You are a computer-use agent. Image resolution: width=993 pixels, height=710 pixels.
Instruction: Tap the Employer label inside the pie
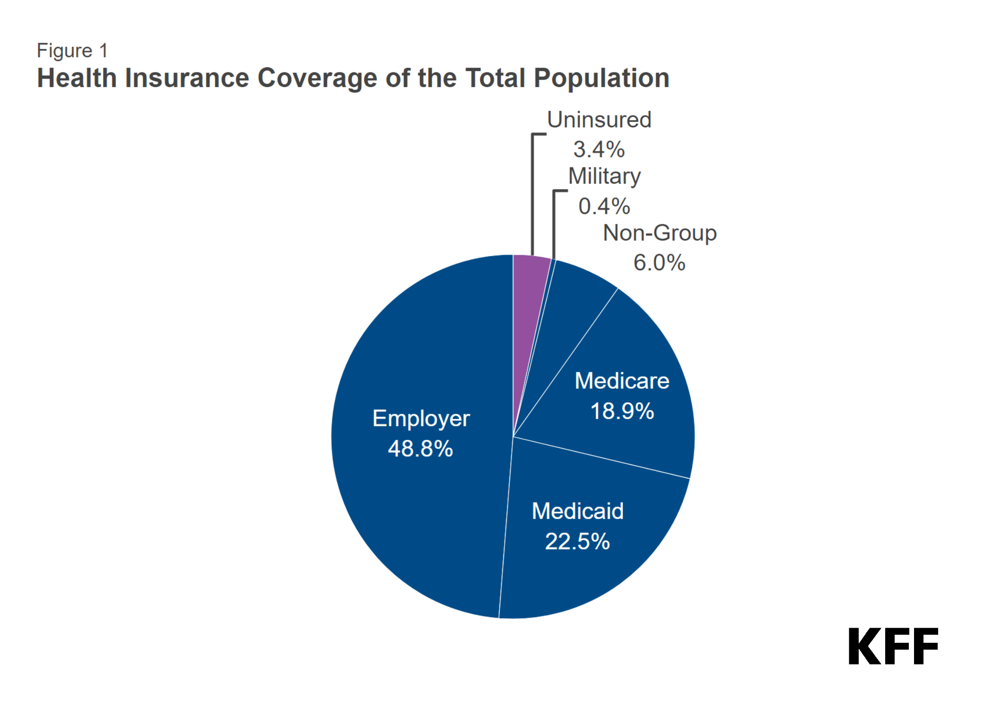click(x=421, y=419)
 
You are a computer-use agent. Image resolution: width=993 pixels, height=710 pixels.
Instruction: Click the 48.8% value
click(x=420, y=448)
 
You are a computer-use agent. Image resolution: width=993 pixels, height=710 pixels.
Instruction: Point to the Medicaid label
click(x=577, y=511)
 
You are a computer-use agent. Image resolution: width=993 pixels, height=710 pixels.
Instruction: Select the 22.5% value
click(x=577, y=541)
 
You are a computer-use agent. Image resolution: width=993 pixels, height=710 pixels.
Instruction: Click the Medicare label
click(x=622, y=381)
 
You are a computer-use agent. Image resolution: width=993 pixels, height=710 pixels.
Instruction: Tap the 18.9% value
click(x=622, y=411)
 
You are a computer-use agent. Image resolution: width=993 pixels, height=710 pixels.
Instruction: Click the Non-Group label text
click(x=660, y=233)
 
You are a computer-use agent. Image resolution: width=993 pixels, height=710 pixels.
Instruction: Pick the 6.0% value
click(x=659, y=263)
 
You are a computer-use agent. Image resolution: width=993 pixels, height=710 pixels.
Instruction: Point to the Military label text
click(x=604, y=177)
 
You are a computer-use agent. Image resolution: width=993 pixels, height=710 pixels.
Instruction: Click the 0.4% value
click(x=604, y=206)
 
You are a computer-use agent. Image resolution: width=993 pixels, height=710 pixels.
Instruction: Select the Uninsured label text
click(x=599, y=120)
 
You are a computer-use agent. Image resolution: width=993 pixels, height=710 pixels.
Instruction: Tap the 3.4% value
click(x=599, y=150)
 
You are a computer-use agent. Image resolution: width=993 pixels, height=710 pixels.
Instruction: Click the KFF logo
click(x=893, y=646)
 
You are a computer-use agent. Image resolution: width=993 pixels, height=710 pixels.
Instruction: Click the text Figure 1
click(x=72, y=51)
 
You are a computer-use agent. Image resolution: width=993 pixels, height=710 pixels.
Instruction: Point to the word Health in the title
click(x=77, y=78)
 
